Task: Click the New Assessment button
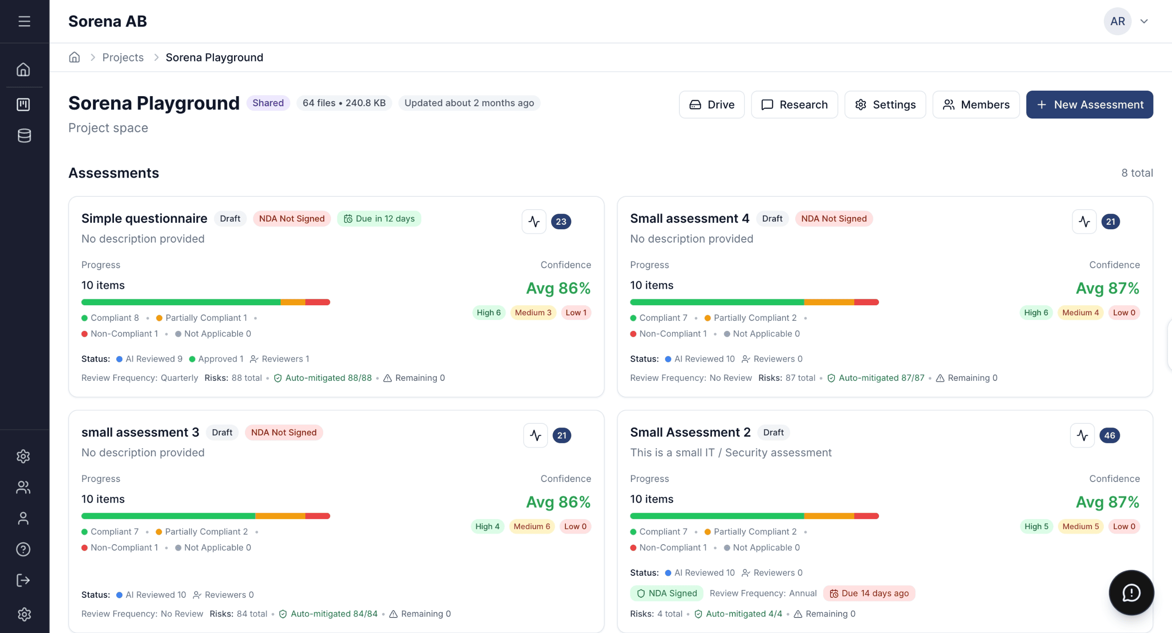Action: (1089, 105)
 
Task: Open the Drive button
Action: (711, 105)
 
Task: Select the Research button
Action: (794, 105)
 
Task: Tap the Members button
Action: (976, 105)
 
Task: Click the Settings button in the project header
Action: (885, 105)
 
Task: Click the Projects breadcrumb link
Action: (123, 58)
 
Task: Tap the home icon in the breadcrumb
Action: (74, 57)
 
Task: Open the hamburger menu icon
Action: (24, 22)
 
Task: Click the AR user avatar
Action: (1118, 22)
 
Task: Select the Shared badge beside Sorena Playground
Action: (268, 103)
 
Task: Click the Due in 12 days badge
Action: (379, 219)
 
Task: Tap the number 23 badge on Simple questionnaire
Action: (561, 222)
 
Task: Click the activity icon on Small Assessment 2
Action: (1082, 435)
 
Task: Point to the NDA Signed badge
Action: (667, 593)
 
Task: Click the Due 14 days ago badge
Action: (869, 593)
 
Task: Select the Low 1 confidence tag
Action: (575, 313)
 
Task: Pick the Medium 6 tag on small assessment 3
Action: (532, 526)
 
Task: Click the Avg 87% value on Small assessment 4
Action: (1107, 288)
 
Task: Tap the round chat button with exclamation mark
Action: (1131, 593)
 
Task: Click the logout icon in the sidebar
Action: (23, 580)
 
